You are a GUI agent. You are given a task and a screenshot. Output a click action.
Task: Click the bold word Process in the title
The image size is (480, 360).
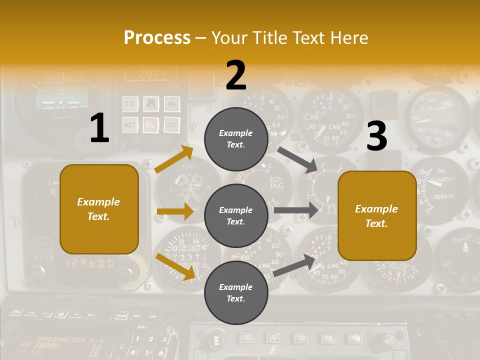(x=157, y=37)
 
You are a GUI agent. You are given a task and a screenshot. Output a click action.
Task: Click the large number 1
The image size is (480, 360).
(x=99, y=128)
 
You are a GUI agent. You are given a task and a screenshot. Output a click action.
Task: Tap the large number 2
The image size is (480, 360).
(x=236, y=75)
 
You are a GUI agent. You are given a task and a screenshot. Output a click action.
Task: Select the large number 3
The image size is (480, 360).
(x=376, y=136)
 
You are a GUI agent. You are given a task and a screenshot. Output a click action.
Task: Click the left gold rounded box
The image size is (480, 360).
(x=99, y=209)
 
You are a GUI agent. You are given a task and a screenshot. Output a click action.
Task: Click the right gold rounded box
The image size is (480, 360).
(x=376, y=215)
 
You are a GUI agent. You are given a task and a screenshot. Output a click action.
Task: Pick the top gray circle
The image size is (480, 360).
(x=236, y=139)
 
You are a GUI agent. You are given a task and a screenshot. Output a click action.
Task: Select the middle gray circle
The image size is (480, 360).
(x=236, y=215)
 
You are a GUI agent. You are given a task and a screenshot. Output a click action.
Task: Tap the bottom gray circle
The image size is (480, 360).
(x=236, y=292)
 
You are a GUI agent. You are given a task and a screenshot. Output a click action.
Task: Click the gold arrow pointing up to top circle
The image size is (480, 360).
(x=174, y=159)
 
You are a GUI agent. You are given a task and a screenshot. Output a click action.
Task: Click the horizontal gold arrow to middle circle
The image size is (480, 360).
(x=174, y=211)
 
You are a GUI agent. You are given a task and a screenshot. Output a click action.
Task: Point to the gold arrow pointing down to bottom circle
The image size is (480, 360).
(x=175, y=266)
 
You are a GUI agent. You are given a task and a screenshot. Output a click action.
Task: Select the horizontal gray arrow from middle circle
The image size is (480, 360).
(x=295, y=210)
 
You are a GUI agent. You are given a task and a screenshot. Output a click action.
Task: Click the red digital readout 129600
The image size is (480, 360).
(x=90, y=263)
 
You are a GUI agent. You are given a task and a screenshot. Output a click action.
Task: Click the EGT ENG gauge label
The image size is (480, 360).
(x=276, y=182)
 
